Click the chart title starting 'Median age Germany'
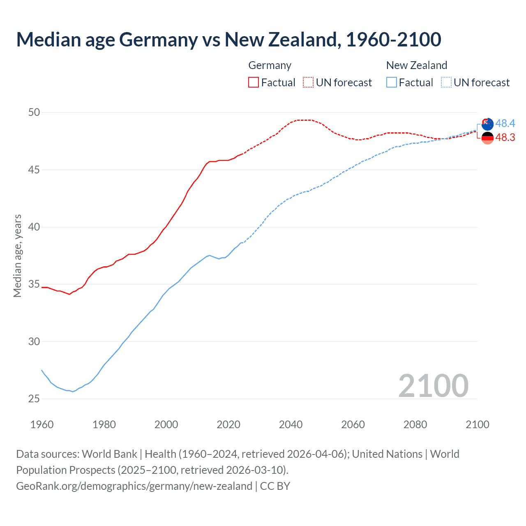[228, 39]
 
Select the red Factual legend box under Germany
[254, 82]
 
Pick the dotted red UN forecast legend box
[308, 82]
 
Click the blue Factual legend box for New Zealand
[392, 82]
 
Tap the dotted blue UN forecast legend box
[446, 82]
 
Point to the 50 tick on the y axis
[34, 112]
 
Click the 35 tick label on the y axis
[34, 284]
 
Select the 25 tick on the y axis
[34, 399]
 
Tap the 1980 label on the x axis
[104, 424]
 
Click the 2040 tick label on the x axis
[291, 424]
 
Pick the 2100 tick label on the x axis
[477, 424]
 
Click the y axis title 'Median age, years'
[17, 256]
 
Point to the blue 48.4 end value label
[505, 123]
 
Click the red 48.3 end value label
[505, 137]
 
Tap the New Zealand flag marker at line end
[487, 124]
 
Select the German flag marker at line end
[487, 138]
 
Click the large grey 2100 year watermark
[433, 385]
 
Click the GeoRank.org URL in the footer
[134, 486]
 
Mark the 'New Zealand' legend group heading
[416, 65]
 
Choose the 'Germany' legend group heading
[270, 65]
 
